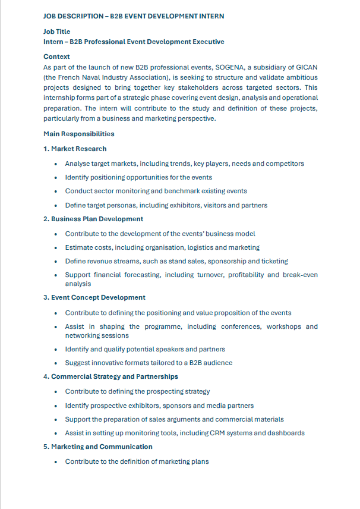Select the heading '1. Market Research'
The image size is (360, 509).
[75, 149]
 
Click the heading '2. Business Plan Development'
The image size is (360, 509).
[93, 219]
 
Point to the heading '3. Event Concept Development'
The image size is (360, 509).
[94, 297]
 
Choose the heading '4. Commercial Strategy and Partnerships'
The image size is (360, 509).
[110, 376]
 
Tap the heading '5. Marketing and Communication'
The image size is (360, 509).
[97, 447]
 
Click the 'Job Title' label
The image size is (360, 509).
[58, 32]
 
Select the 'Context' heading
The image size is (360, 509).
[56, 56]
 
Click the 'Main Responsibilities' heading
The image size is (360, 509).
[79, 134]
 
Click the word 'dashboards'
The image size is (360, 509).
[287, 433]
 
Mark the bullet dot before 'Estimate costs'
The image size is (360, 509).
[56, 247]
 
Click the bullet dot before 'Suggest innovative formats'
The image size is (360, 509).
[56, 363]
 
